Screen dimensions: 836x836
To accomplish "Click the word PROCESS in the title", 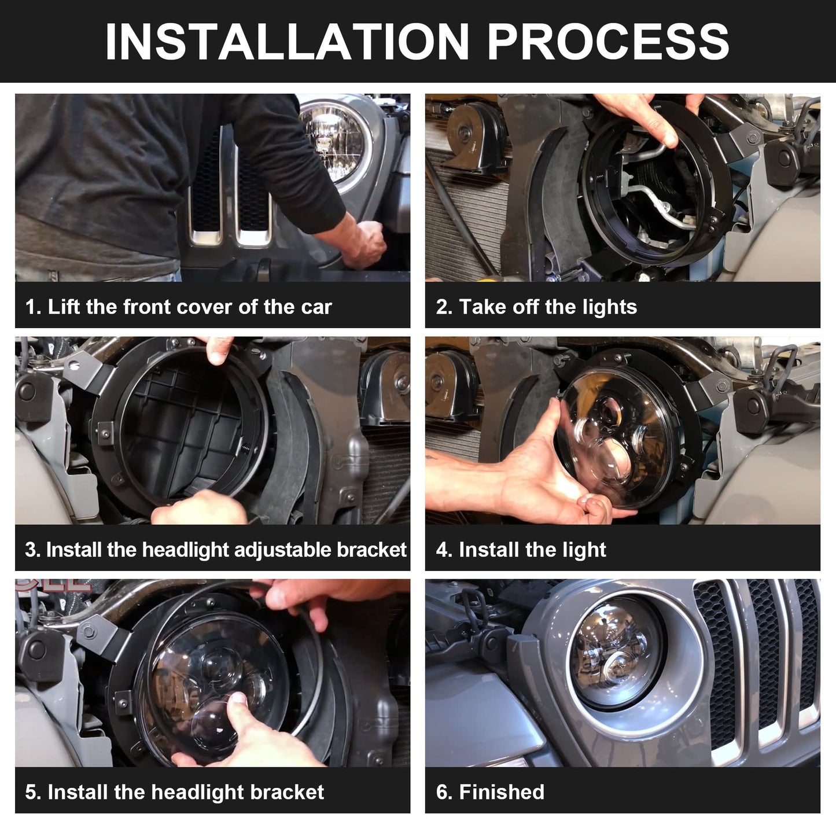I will tap(607, 42).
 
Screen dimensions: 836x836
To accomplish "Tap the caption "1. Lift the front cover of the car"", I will tap(178, 307).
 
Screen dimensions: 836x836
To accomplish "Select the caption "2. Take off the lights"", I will tap(536, 307).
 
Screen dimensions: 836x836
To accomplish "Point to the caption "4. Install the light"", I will tap(521, 550).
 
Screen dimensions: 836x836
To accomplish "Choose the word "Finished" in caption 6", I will tap(501, 792).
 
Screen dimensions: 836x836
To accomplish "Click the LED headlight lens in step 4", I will tap(613, 440).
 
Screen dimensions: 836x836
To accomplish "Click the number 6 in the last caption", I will tap(441, 792).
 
